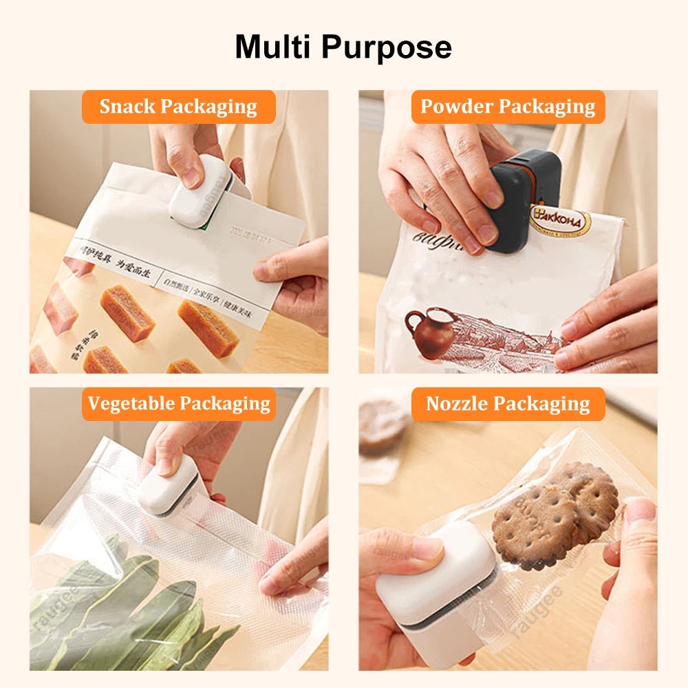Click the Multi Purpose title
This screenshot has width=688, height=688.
click(x=343, y=47)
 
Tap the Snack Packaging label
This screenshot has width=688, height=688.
click(x=178, y=107)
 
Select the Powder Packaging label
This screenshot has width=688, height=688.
click(x=508, y=107)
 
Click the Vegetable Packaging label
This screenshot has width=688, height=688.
click(x=179, y=404)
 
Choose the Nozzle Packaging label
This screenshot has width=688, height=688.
click(x=508, y=404)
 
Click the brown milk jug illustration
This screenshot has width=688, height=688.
click(x=431, y=332)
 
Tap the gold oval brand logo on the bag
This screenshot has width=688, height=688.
click(x=559, y=222)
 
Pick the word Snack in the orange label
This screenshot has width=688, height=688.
click(x=128, y=107)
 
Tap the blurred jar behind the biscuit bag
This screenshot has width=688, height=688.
click(x=383, y=423)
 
